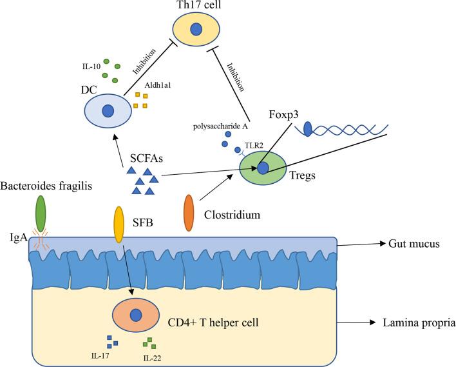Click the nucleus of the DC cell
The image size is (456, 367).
(108, 112)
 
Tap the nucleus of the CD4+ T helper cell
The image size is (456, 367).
(136, 316)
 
